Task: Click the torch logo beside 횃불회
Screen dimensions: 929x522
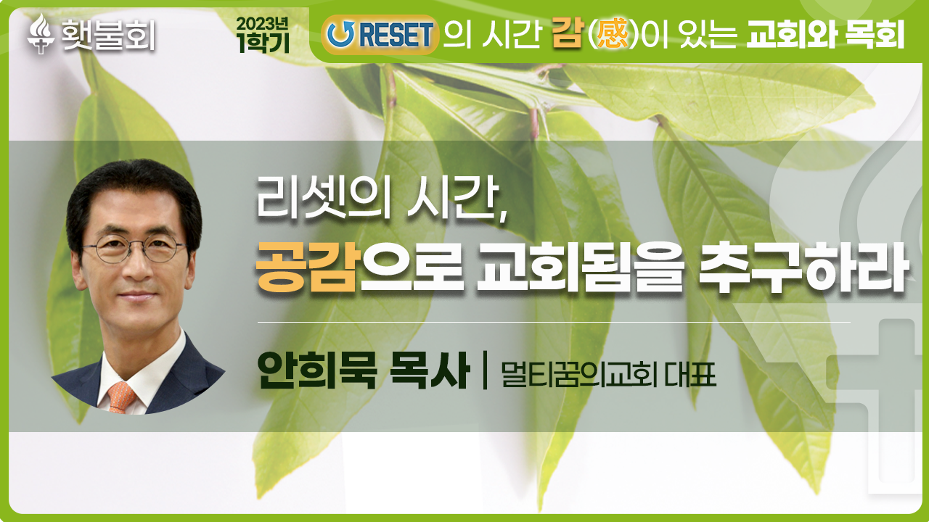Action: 41,34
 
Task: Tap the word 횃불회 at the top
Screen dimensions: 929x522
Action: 109,35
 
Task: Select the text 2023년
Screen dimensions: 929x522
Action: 262,24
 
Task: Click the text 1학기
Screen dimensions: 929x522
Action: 263,42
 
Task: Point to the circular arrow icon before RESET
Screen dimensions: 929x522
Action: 340,34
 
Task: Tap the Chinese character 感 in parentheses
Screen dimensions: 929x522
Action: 612,35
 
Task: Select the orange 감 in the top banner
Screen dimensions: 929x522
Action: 568,34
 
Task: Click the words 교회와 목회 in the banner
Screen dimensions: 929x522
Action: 825,34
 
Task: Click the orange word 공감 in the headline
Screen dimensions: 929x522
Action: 306,268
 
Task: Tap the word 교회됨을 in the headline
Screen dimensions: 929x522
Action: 580,268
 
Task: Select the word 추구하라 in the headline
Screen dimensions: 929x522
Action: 803,268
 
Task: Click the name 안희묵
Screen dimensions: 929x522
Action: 317,370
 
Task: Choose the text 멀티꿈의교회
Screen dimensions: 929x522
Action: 579,375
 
